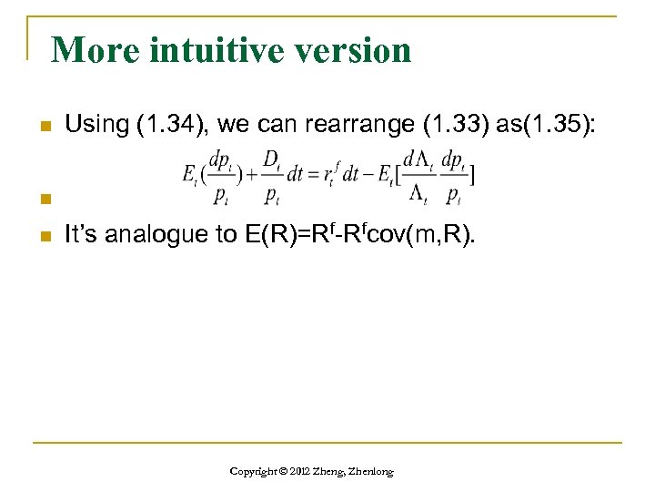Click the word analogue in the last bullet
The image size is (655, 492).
(x=155, y=235)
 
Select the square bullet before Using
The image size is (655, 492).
(x=37, y=126)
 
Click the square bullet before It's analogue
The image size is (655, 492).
(x=37, y=236)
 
